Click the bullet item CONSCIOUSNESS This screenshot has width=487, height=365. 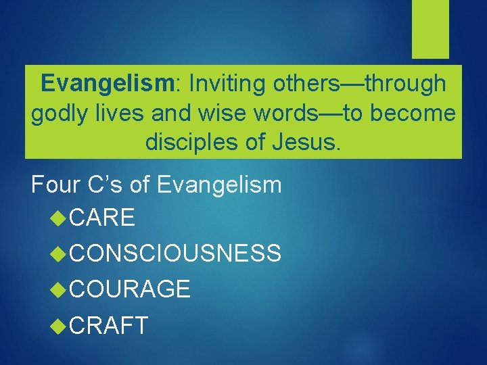[x=175, y=253]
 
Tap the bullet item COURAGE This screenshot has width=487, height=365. [x=129, y=289]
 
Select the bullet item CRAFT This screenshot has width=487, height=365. [x=108, y=326]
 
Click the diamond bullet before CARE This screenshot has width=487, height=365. [x=59, y=218]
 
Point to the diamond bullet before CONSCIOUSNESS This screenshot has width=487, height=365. [x=59, y=253]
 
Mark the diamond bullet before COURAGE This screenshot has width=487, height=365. [x=59, y=289]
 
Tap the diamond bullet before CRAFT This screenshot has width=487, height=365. [x=59, y=326]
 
